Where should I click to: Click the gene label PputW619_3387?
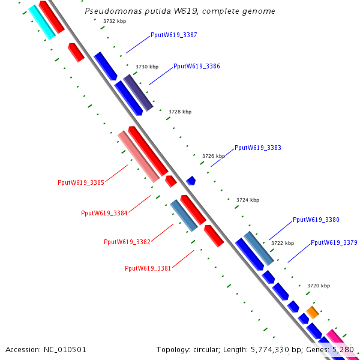tap(173, 35)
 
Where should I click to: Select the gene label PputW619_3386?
tap(196, 66)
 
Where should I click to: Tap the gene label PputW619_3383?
tap(257, 148)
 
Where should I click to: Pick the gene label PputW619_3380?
tap(316, 220)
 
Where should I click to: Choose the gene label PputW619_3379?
tap(334, 242)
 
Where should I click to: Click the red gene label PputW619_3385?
tap(81, 182)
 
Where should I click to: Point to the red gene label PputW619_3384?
tap(104, 213)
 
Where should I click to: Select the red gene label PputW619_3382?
tap(127, 242)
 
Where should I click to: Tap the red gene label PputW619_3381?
tap(148, 268)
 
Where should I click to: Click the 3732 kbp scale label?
tap(115, 21)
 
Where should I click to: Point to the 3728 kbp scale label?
tap(180, 112)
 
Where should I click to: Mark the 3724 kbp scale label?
tap(248, 200)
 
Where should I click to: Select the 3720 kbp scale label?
tap(319, 286)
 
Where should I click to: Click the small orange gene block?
tap(313, 312)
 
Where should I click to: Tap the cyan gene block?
tap(41, 22)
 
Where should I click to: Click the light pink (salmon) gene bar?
tap(139, 157)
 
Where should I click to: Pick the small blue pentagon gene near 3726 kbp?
tap(191, 180)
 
